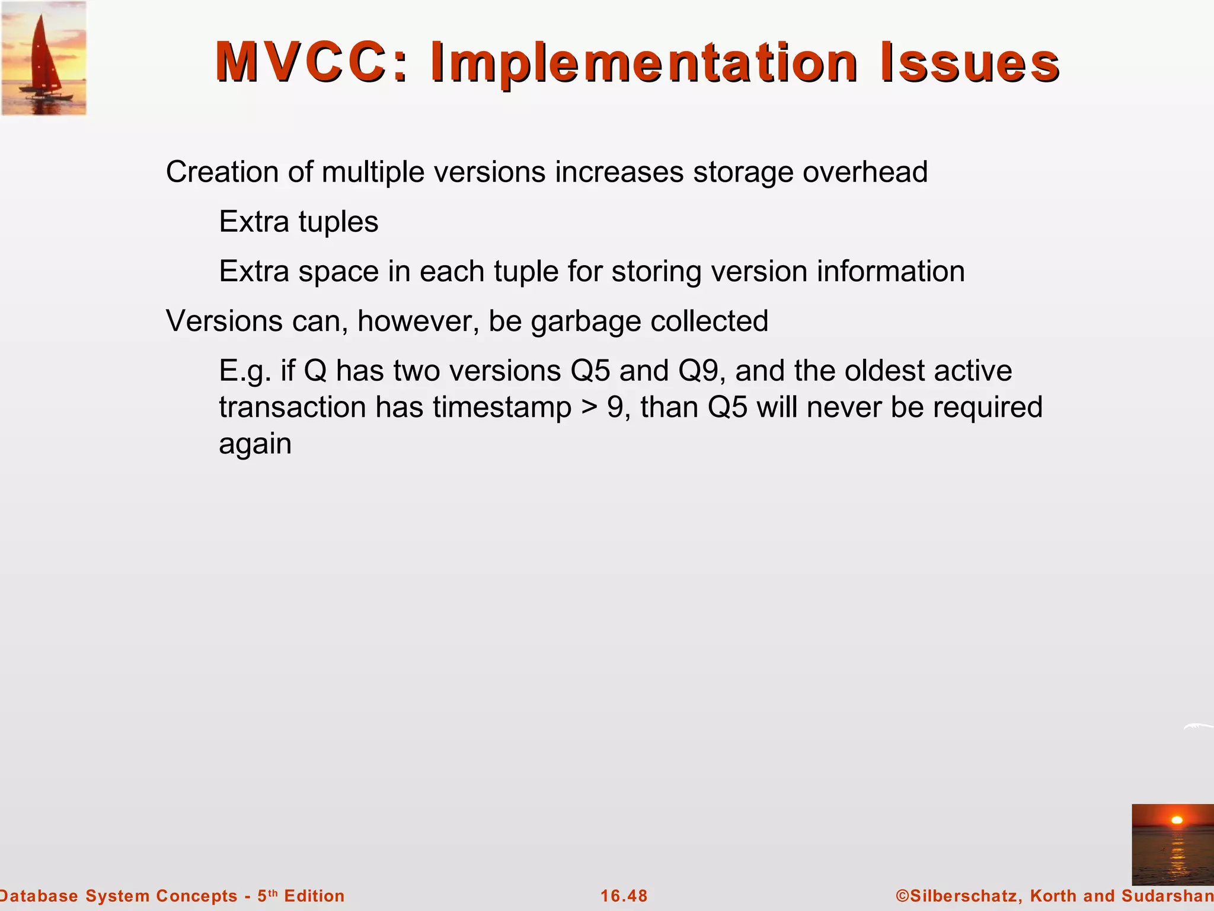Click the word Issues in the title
point(970,62)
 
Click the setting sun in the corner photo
point(1177,820)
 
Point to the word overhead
point(865,172)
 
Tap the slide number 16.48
point(624,896)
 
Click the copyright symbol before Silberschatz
point(902,896)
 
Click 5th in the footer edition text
point(267,895)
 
